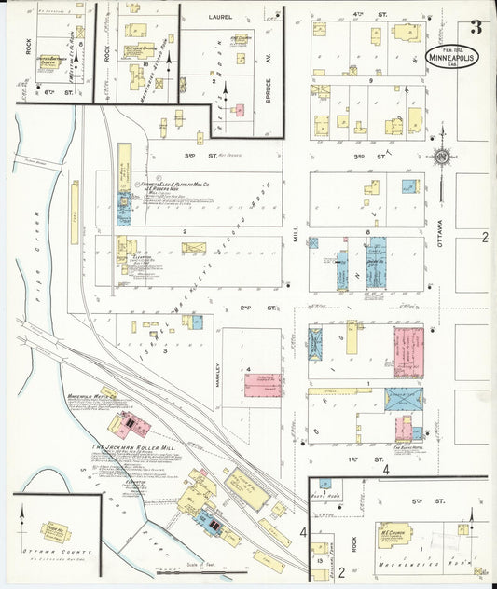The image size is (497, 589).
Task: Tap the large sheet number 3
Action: (477, 27)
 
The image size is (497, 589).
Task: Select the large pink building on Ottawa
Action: (407, 352)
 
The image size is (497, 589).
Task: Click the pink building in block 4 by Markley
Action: (264, 384)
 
